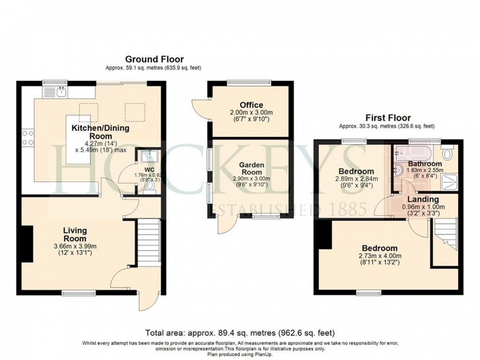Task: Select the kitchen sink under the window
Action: click(61, 91)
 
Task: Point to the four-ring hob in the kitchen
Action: click(27, 137)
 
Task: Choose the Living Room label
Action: click(74, 234)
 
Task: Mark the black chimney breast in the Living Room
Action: click(26, 244)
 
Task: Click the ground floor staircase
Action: click(148, 242)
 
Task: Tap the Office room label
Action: click(251, 105)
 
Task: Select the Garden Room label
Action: click(251, 169)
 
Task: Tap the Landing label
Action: click(423, 199)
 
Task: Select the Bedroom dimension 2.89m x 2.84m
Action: click(356, 179)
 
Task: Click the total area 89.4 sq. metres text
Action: click(240, 333)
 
